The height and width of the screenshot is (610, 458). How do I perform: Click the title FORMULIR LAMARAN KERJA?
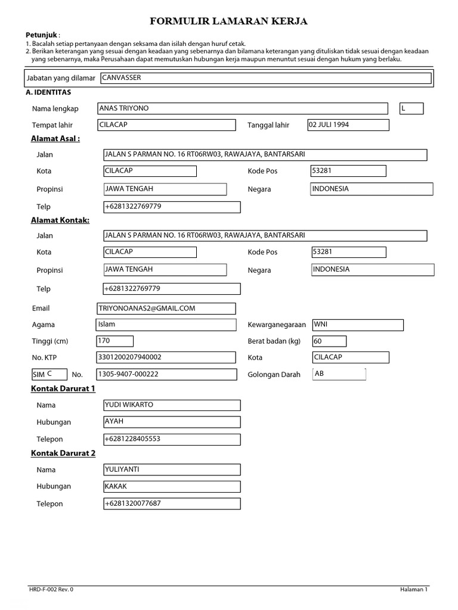coord(229,22)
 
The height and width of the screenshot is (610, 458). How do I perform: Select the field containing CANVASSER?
coord(265,78)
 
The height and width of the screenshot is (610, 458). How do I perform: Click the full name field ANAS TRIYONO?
coord(242,108)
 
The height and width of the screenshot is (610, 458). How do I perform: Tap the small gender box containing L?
coord(411,108)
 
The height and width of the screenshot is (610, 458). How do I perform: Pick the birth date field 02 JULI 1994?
coord(348,125)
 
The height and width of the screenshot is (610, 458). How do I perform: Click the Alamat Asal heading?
coord(55,139)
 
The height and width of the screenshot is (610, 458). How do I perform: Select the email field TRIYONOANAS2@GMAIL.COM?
coord(166,309)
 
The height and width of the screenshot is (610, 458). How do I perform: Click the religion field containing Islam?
coord(166,325)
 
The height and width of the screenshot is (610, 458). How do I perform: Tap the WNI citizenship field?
coord(357,325)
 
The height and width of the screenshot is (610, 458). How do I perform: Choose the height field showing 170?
coord(114,341)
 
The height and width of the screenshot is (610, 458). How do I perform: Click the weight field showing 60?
coord(329,341)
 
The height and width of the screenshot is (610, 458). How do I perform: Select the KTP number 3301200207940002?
coord(166,357)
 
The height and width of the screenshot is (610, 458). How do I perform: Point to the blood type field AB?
coord(338,374)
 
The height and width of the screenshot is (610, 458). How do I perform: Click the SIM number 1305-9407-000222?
coord(166,375)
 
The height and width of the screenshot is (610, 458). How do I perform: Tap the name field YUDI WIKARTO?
coord(172,405)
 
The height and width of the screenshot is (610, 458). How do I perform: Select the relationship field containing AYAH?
coord(172,422)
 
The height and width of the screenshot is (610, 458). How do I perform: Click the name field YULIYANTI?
coord(172,469)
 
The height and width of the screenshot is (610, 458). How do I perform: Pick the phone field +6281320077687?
coord(172,504)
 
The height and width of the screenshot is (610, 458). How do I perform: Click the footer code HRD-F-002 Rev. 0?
coord(52,589)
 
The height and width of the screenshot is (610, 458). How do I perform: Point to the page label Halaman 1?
coord(414,589)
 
